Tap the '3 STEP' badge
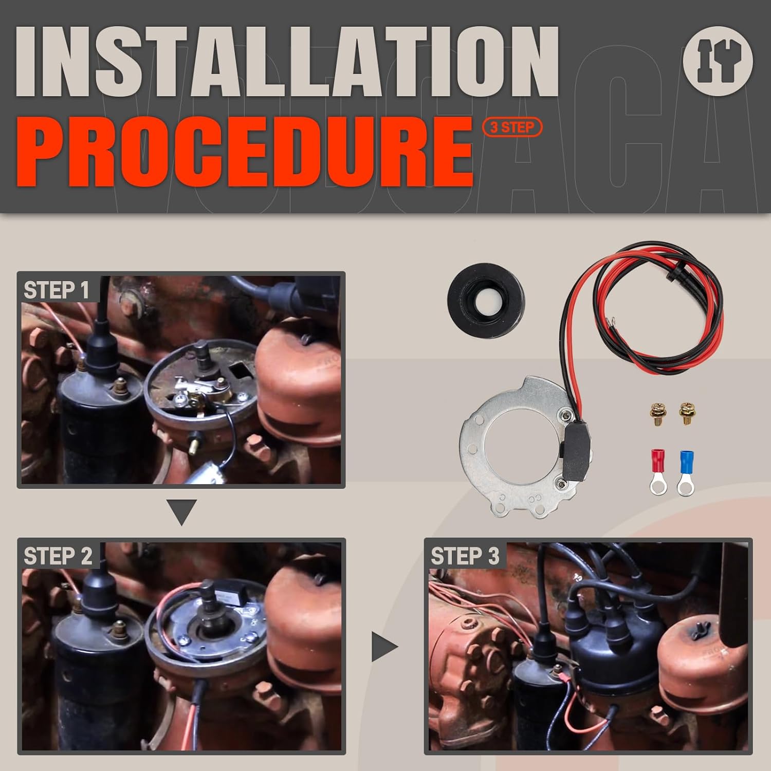click(512, 127)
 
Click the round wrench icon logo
click(718, 61)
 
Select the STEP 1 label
click(57, 290)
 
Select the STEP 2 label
click(58, 556)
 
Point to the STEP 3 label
click(465, 556)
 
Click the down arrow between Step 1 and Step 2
click(182, 512)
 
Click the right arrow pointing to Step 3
click(385, 647)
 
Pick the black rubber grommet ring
click(486, 293)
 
